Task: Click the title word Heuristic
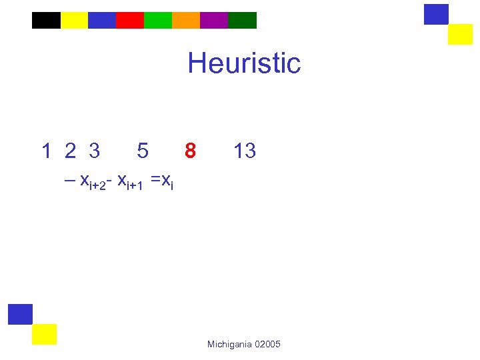[x=244, y=64]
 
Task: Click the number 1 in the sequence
[x=46, y=151]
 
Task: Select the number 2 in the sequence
[x=70, y=151]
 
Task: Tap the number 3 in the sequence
[x=94, y=151]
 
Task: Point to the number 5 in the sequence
[x=142, y=151]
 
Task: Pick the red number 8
[x=190, y=151]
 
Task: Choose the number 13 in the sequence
[x=244, y=151]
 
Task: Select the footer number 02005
[x=268, y=344]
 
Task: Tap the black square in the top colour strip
[x=46, y=21]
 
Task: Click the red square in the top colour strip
[x=130, y=21]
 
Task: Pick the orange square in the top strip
[x=186, y=21]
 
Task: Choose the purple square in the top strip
[x=214, y=21]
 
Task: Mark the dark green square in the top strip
[x=242, y=21]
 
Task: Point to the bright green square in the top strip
[x=158, y=21]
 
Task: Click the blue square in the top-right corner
[x=436, y=14]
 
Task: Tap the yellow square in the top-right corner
[x=460, y=34]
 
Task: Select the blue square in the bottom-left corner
[x=20, y=314]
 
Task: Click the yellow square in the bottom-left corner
[x=44, y=334]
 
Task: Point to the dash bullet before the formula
[x=69, y=180]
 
